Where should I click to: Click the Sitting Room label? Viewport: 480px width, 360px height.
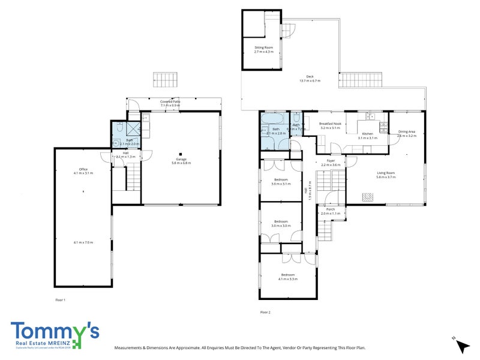click(x=264, y=47)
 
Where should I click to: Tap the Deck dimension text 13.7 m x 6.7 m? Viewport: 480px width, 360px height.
click(x=310, y=80)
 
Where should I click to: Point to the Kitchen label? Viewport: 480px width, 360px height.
click(x=367, y=134)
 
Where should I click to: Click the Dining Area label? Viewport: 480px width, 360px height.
click(x=407, y=132)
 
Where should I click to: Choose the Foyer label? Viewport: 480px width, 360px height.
click(x=330, y=160)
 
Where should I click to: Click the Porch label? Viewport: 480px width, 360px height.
click(x=330, y=209)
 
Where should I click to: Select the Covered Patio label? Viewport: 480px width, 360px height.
click(x=171, y=101)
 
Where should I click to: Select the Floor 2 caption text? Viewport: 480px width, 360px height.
click(x=265, y=312)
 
